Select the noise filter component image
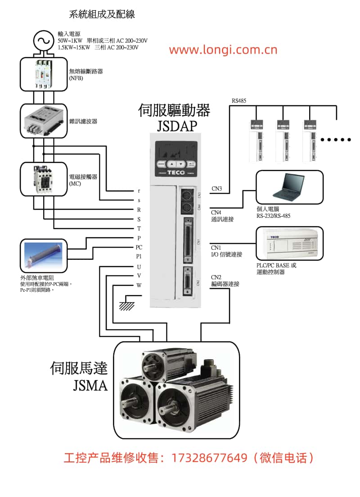coord(44,121)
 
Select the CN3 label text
coord(216,188)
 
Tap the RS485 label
coord(239,100)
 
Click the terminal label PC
coord(139,247)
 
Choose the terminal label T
coord(139,228)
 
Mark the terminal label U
coord(139,267)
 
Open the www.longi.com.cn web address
coord(223,50)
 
